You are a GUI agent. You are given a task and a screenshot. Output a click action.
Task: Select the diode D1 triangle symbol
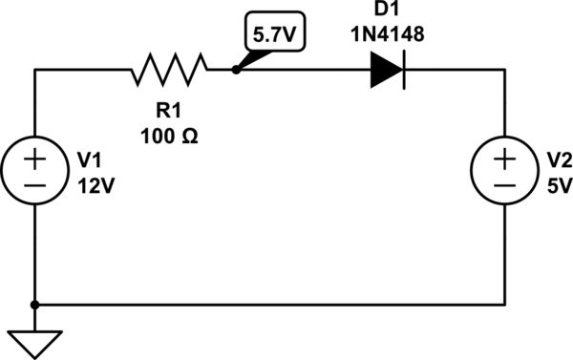(385, 69)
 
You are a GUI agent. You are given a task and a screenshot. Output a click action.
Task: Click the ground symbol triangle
(35, 340)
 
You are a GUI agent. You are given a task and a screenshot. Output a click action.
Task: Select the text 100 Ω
(170, 137)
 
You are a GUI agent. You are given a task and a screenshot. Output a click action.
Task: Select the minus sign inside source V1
(35, 185)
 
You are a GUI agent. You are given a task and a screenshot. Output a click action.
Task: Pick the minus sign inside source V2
(504, 185)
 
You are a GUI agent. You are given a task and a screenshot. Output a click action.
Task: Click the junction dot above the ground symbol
(35, 306)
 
